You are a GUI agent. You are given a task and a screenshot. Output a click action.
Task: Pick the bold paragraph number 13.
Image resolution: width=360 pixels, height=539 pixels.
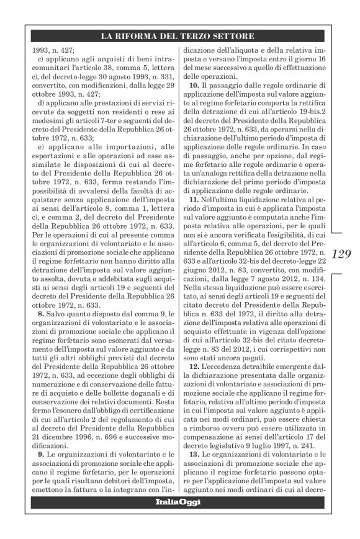(194, 455)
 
